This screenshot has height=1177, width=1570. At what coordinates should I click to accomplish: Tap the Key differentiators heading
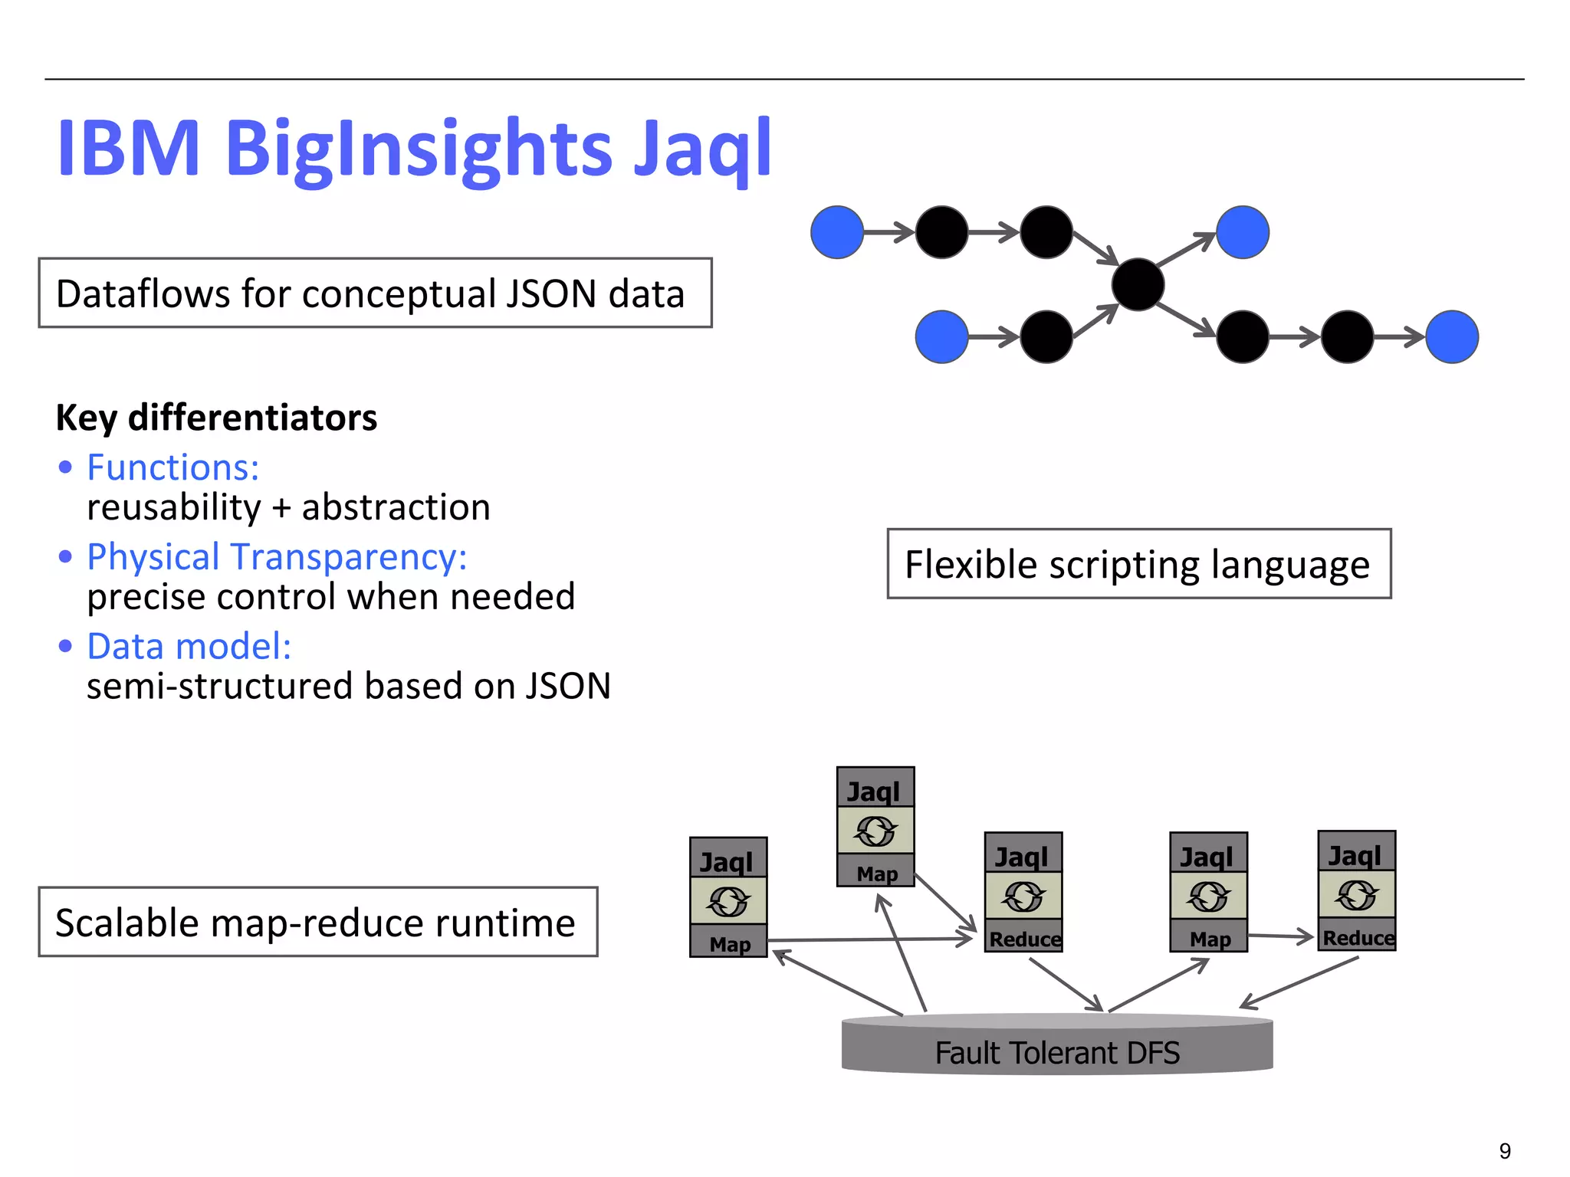pos(216,418)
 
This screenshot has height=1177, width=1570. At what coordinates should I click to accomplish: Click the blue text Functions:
pos(173,467)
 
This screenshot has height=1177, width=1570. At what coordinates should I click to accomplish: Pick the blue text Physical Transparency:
pos(277,557)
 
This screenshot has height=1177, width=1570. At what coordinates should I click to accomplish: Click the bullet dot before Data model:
pos(65,647)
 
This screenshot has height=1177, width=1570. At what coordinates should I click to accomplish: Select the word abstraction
pos(396,507)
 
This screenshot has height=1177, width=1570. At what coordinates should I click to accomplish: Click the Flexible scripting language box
pos(1138,564)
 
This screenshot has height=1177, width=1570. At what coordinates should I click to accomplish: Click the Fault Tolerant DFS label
pos(1057,1053)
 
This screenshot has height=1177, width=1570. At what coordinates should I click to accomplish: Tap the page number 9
pos(1505,1151)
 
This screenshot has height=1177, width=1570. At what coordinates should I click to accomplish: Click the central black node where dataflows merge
pos(1138,284)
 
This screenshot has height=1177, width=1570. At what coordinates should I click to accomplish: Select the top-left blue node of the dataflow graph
pos(837,232)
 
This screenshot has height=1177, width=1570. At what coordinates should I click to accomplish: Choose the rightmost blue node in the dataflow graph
pos(1452,336)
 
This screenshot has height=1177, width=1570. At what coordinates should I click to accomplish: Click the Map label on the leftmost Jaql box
pos(729,944)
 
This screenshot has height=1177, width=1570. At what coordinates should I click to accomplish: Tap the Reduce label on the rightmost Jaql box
pos(1358,938)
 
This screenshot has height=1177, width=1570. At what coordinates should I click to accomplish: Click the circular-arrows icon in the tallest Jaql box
pos(875,831)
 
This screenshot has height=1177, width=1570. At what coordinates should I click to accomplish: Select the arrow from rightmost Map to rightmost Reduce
pos(1280,936)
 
